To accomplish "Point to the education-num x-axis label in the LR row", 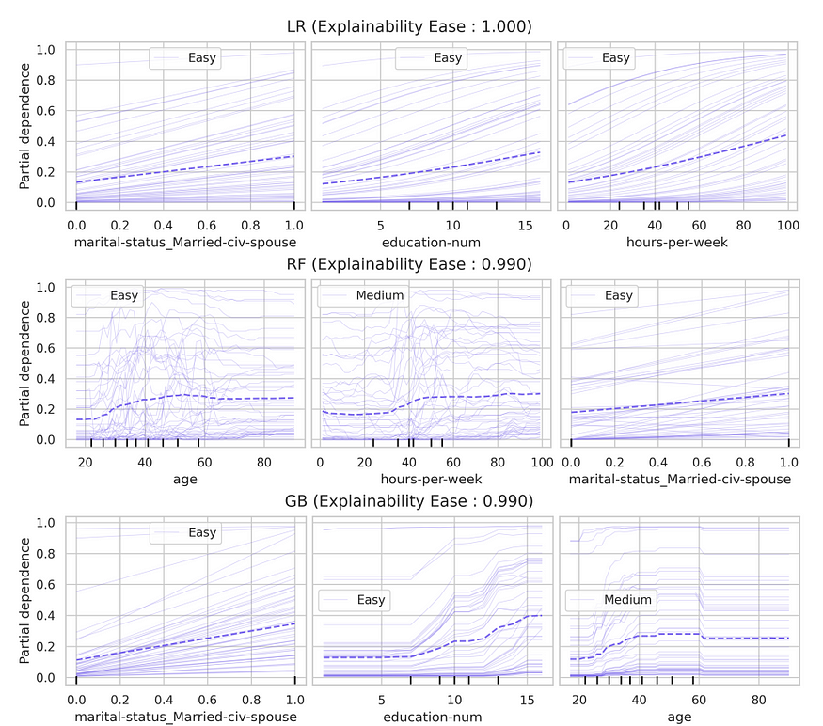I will point(432,244).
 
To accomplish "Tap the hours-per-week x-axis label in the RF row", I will point(432,480).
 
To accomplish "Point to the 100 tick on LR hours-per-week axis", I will point(787,226).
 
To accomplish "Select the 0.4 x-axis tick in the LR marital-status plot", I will point(163,226).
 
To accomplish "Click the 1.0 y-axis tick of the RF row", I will point(45,287).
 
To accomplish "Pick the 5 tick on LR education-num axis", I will point(381,226).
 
